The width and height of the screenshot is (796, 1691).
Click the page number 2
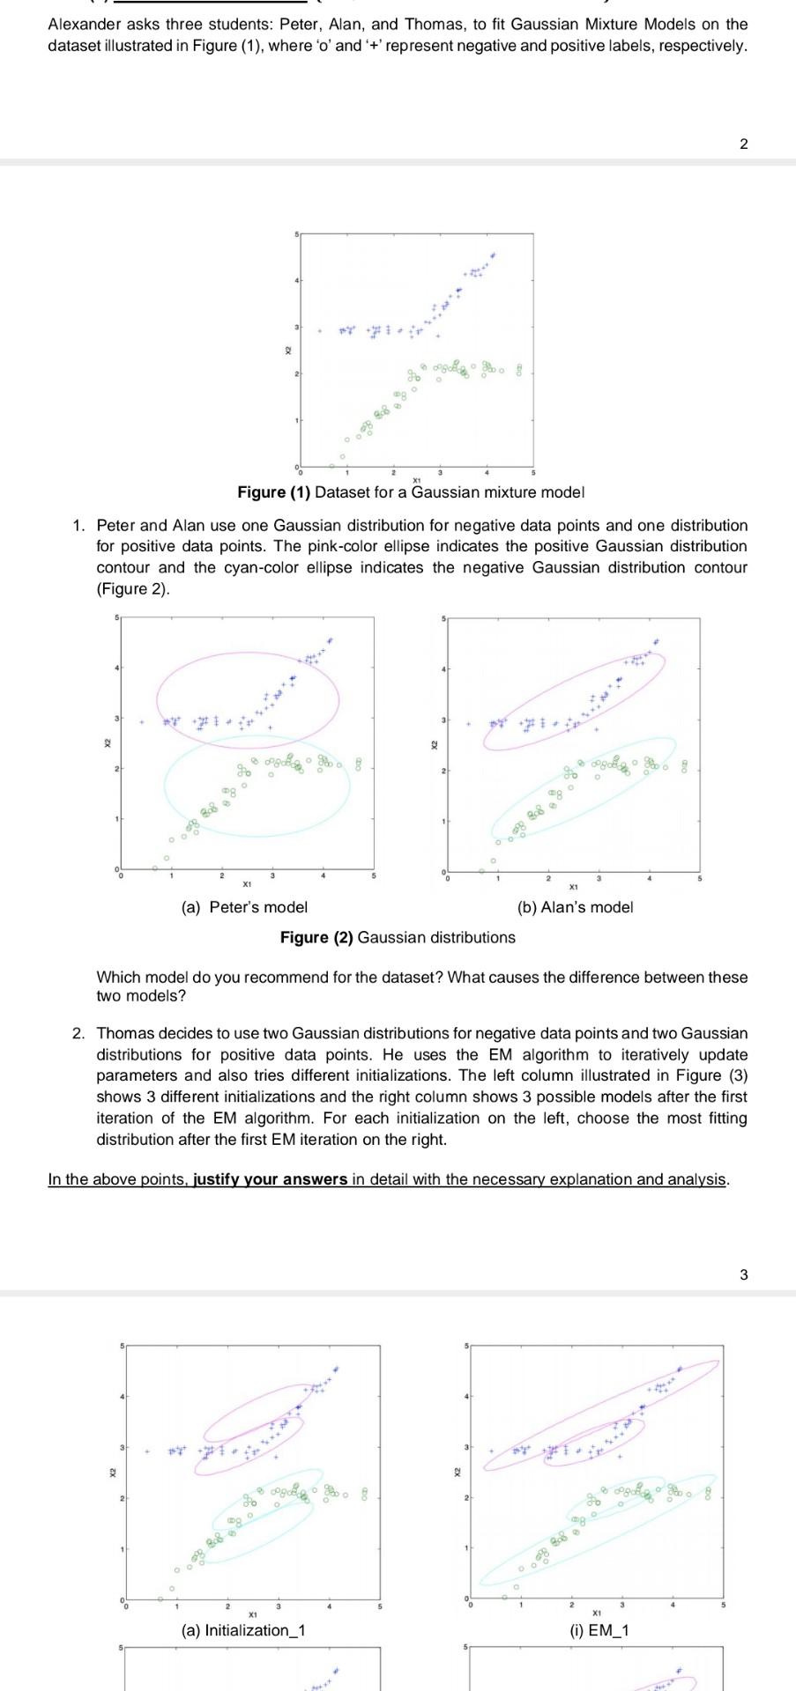(743, 144)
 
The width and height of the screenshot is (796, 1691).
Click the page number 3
(743, 1274)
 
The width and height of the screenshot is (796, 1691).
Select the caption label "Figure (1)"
(274, 492)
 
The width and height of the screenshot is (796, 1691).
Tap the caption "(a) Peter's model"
(244, 907)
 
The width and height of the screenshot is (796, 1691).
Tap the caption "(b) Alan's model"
(575, 907)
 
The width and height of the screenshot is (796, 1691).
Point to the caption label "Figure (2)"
(316, 938)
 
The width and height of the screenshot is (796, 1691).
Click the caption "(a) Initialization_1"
(243, 1630)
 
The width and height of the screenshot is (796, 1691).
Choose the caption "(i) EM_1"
(599, 1630)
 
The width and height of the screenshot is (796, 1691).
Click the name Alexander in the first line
(83, 25)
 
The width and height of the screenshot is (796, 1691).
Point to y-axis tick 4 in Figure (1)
(296, 280)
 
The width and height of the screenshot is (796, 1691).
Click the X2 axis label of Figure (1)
(286, 351)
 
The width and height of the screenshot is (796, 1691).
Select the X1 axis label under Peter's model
(248, 883)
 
